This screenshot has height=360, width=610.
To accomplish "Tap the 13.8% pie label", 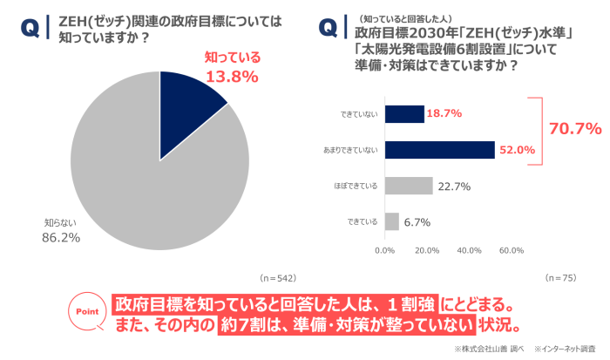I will click(x=232, y=77).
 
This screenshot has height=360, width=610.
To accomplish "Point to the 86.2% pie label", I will click(x=61, y=237).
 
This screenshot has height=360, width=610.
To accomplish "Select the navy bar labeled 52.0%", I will click(x=439, y=150).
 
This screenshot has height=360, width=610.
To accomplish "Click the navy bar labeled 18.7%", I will click(x=403, y=114).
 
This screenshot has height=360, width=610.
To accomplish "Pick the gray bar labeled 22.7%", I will click(x=408, y=186).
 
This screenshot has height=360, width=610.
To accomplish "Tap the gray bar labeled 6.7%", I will click(x=391, y=221).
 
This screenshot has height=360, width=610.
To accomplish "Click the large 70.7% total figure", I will click(x=575, y=129).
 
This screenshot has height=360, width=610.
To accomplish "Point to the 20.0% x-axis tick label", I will click(x=426, y=250).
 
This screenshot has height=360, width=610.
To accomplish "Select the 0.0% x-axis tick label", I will click(x=384, y=250).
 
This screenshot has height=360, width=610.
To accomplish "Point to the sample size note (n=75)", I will click(x=560, y=277).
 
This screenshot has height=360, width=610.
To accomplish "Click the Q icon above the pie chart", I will click(x=29, y=29).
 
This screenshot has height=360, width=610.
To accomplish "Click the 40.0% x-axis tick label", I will click(x=469, y=250).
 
